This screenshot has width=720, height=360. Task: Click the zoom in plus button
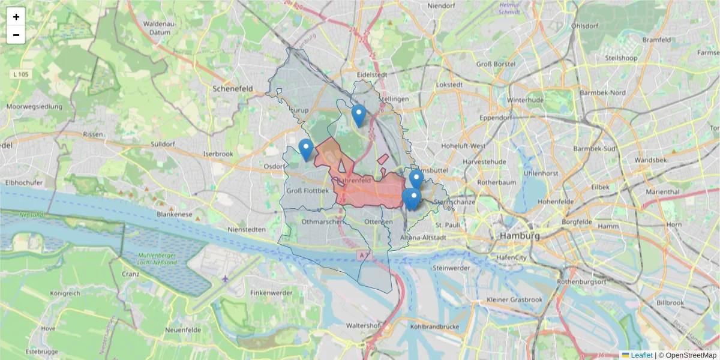coord(16,17)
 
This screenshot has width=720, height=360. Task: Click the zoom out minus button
coord(16,35)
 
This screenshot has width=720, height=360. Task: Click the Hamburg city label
coord(520,236)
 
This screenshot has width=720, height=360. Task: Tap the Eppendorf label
coord(496,118)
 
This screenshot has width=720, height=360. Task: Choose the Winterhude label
coord(525,100)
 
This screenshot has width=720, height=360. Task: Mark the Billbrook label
coord(670,303)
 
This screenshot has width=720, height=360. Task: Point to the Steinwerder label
coord(450,268)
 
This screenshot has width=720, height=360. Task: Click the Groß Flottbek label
coord(308,191)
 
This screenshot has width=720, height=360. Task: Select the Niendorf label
coord(442,5)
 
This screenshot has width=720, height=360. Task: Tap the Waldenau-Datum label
coord(158,27)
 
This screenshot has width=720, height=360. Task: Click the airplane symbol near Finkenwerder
coord(225,278)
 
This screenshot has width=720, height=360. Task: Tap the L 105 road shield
coord(20,74)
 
